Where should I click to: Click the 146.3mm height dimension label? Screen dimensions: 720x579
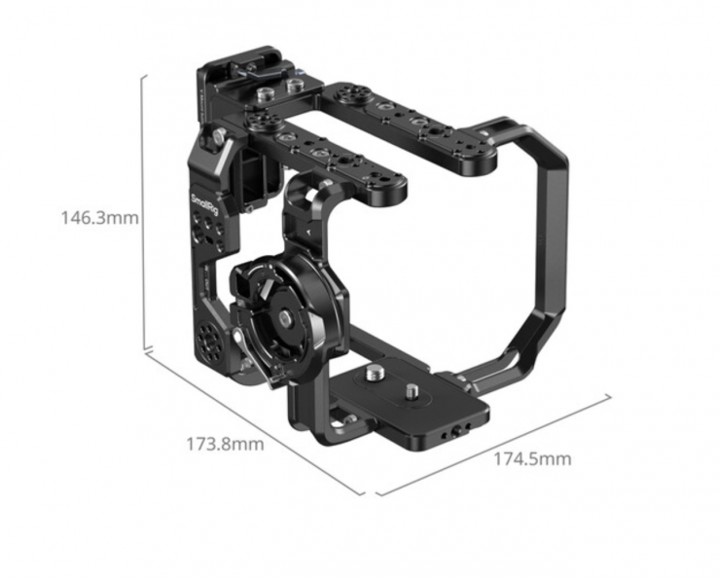pyautogui.click(x=99, y=217)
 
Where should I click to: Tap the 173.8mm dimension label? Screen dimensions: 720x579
pyautogui.click(x=225, y=444)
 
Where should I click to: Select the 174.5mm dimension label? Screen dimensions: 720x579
pyautogui.click(x=532, y=458)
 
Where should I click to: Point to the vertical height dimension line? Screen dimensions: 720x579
pyautogui.click(x=145, y=212)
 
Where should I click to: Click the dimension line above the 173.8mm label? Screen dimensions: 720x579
pyautogui.click(x=255, y=423)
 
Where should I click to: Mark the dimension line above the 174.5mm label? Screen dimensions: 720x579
pyautogui.click(x=493, y=446)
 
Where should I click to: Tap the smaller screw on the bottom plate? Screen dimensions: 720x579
pyautogui.click(x=411, y=392)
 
